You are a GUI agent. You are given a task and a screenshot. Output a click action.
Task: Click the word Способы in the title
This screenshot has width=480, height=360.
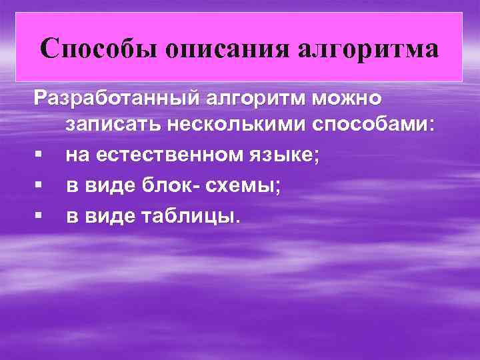[93, 49]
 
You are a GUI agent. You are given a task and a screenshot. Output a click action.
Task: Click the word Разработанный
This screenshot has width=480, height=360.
[118, 99]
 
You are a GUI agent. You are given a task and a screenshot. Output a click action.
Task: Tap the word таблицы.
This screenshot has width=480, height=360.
[189, 216]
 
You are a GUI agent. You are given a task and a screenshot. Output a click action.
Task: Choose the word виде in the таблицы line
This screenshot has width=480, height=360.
[113, 216]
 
